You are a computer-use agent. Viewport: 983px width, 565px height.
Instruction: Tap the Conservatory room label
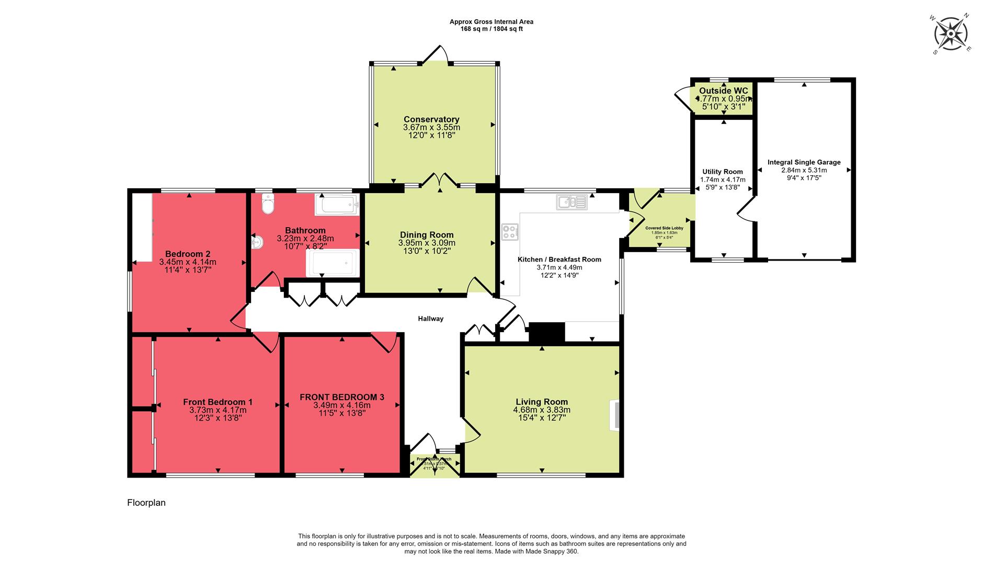pyautogui.click(x=431, y=119)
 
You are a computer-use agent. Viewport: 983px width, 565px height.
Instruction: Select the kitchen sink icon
pyautogui.click(x=572, y=202)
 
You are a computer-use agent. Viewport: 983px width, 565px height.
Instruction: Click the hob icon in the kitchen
pyautogui.click(x=510, y=232)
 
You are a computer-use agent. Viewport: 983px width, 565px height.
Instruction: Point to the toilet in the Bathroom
pyautogui.click(x=268, y=205)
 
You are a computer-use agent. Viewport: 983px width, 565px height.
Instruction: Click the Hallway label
pyautogui.click(x=430, y=319)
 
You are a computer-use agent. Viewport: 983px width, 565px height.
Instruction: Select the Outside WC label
pyautogui.click(x=723, y=91)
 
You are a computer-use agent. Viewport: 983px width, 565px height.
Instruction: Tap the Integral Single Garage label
pyautogui.click(x=804, y=162)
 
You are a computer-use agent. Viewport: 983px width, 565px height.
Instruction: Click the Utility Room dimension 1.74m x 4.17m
pyautogui.click(x=723, y=179)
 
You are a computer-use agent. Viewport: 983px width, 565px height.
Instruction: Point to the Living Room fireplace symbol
pyautogui.click(x=615, y=416)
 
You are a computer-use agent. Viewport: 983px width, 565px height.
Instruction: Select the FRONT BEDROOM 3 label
pyautogui.click(x=342, y=397)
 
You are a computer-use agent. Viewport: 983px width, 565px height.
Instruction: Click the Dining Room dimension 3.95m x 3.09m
pyautogui.click(x=427, y=243)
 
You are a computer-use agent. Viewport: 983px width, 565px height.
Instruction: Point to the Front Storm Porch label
pyautogui.click(x=435, y=459)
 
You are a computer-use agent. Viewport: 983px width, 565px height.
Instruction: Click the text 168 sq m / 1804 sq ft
pyautogui.click(x=491, y=29)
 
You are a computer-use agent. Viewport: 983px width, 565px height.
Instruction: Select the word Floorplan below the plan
pyautogui.click(x=146, y=503)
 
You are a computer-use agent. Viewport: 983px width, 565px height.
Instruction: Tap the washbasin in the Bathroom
pyautogui.click(x=257, y=242)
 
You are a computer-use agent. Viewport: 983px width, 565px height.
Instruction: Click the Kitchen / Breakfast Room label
pyautogui.click(x=559, y=259)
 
